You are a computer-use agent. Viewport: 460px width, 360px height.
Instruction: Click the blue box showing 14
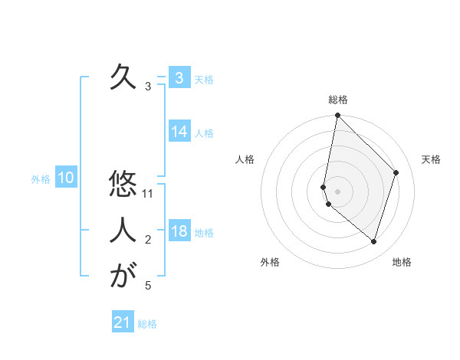179,132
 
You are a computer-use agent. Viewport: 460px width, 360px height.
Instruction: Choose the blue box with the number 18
179,231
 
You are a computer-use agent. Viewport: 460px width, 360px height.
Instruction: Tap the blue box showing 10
66,178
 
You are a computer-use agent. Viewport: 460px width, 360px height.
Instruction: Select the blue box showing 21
123,322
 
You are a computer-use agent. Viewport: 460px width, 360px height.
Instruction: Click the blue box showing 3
179,77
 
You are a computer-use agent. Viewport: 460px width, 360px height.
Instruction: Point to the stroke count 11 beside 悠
149,194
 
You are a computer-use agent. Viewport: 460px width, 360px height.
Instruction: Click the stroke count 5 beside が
148,286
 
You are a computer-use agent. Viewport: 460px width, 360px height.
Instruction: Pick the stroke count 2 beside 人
148,241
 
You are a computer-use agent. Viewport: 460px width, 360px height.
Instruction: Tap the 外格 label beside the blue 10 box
41,179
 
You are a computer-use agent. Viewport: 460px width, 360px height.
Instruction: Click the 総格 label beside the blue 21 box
148,324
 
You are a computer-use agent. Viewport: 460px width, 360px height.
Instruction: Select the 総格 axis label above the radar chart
338,100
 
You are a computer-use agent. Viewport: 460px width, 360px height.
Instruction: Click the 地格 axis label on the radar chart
402,263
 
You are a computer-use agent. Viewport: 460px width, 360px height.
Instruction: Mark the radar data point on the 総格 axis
337,116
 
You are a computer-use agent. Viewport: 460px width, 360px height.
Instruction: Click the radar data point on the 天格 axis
396,172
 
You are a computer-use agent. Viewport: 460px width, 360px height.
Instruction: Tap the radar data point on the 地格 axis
373,242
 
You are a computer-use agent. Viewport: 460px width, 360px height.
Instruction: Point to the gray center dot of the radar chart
337,191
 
